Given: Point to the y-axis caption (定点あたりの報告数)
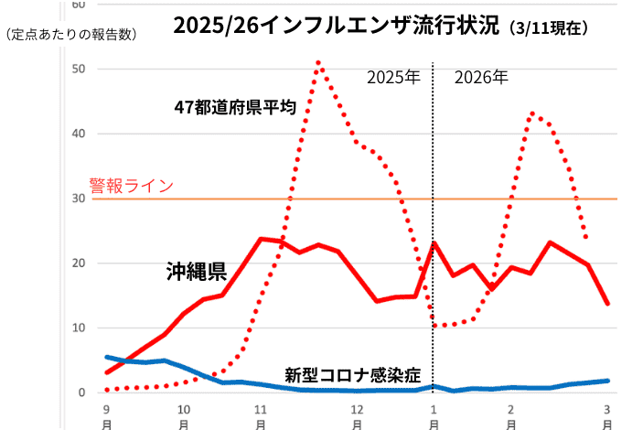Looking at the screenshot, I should [70, 35].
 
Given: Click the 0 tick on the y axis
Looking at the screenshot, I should [81, 392].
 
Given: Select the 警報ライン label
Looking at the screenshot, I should [131, 186].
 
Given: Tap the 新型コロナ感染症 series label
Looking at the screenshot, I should [352, 374].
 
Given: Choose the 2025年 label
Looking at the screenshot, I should [393, 77].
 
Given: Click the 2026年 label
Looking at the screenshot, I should [481, 77].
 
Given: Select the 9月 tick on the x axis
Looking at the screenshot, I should [107, 416].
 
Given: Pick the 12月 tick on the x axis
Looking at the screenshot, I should [358, 416].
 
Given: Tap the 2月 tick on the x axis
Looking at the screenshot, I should [511, 416].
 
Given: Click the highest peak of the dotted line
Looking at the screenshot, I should [318, 62].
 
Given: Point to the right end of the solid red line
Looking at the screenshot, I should [608, 304].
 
